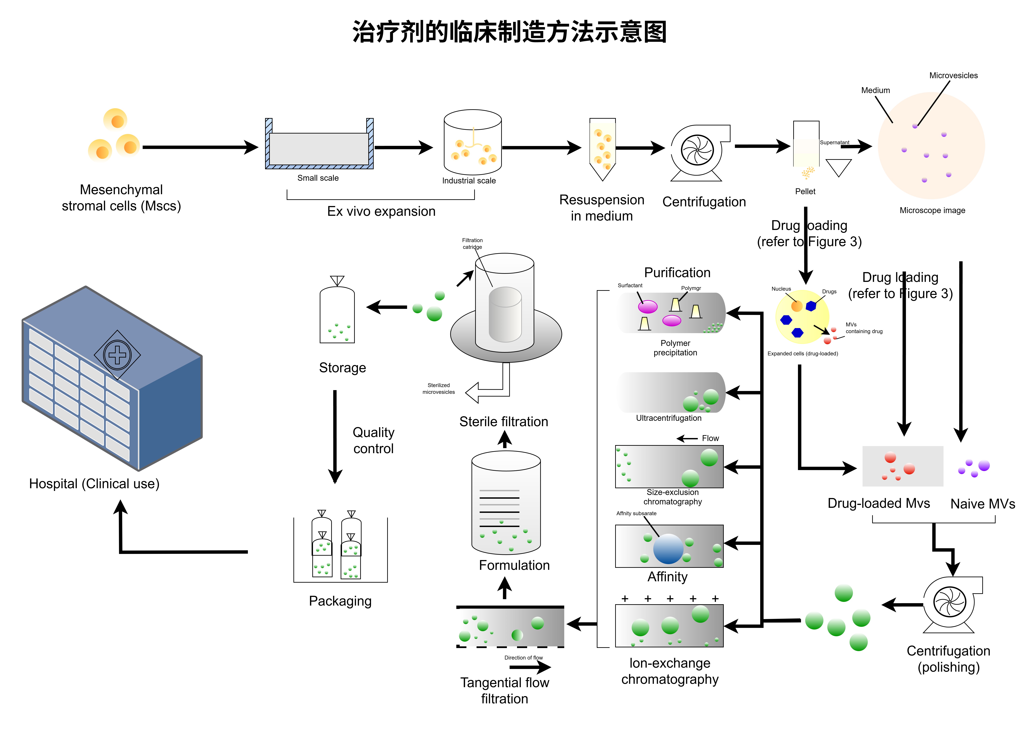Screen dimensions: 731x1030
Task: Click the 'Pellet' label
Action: pyautogui.click(x=805, y=191)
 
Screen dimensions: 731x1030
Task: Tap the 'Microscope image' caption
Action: pyautogui.click(x=932, y=210)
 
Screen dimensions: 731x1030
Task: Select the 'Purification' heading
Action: pyautogui.click(x=677, y=272)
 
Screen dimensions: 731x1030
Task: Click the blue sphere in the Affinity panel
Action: pyautogui.click(x=668, y=549)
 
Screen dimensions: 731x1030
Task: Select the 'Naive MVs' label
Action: pyautogui.click(x=982, y=504)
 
